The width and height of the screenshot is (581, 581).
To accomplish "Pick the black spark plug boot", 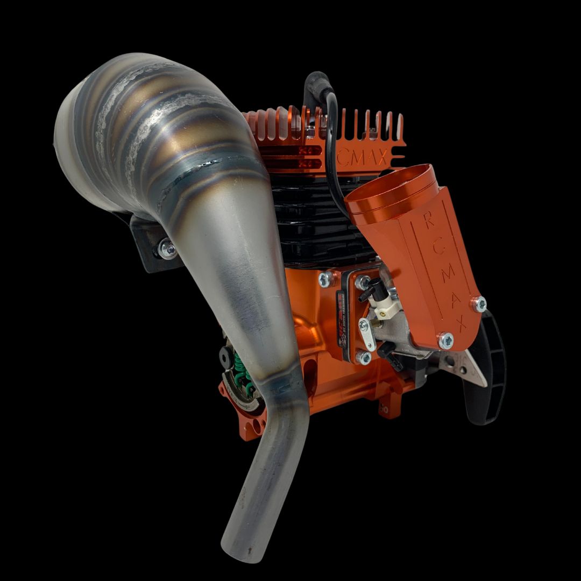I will click(315, 89).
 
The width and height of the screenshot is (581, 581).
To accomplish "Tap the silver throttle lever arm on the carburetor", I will click(368, 334).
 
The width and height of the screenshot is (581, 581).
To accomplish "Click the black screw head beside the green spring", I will click(223, 356).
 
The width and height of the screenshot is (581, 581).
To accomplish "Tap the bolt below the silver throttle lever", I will click(365, 357).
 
